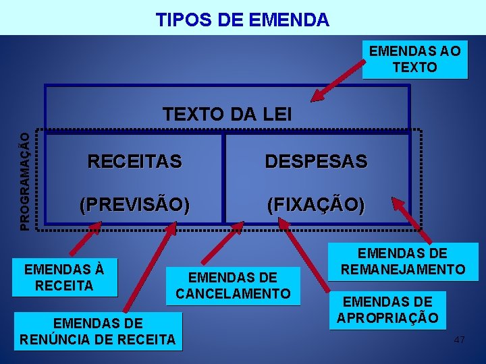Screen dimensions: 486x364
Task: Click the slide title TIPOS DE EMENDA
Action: click(x=242, y=20)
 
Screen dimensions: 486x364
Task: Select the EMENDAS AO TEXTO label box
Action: click(x=414, y=59)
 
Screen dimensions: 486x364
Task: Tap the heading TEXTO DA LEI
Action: click(x=227, y=114)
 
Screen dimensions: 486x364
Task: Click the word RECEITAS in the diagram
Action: click(x=134, y=162)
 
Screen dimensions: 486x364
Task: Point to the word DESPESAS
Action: click(x=316, y=162)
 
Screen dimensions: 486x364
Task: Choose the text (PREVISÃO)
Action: click(x=134, y=205)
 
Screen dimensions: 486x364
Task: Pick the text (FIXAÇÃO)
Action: click(x=316, y=205)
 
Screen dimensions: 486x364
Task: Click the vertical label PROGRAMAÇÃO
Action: click(x=24, y=181)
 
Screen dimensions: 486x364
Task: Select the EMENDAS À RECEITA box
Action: click(x=64, y=277)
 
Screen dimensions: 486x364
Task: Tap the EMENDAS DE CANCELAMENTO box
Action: click(x=233, y=285)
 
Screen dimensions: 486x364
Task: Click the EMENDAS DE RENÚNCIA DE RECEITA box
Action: click(x=98, y=330)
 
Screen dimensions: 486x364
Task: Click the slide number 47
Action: click(x=459, y=340)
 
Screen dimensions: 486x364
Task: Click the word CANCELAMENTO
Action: click(x=233, y=293)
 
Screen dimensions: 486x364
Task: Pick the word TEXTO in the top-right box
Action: click(x=414, y=67)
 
